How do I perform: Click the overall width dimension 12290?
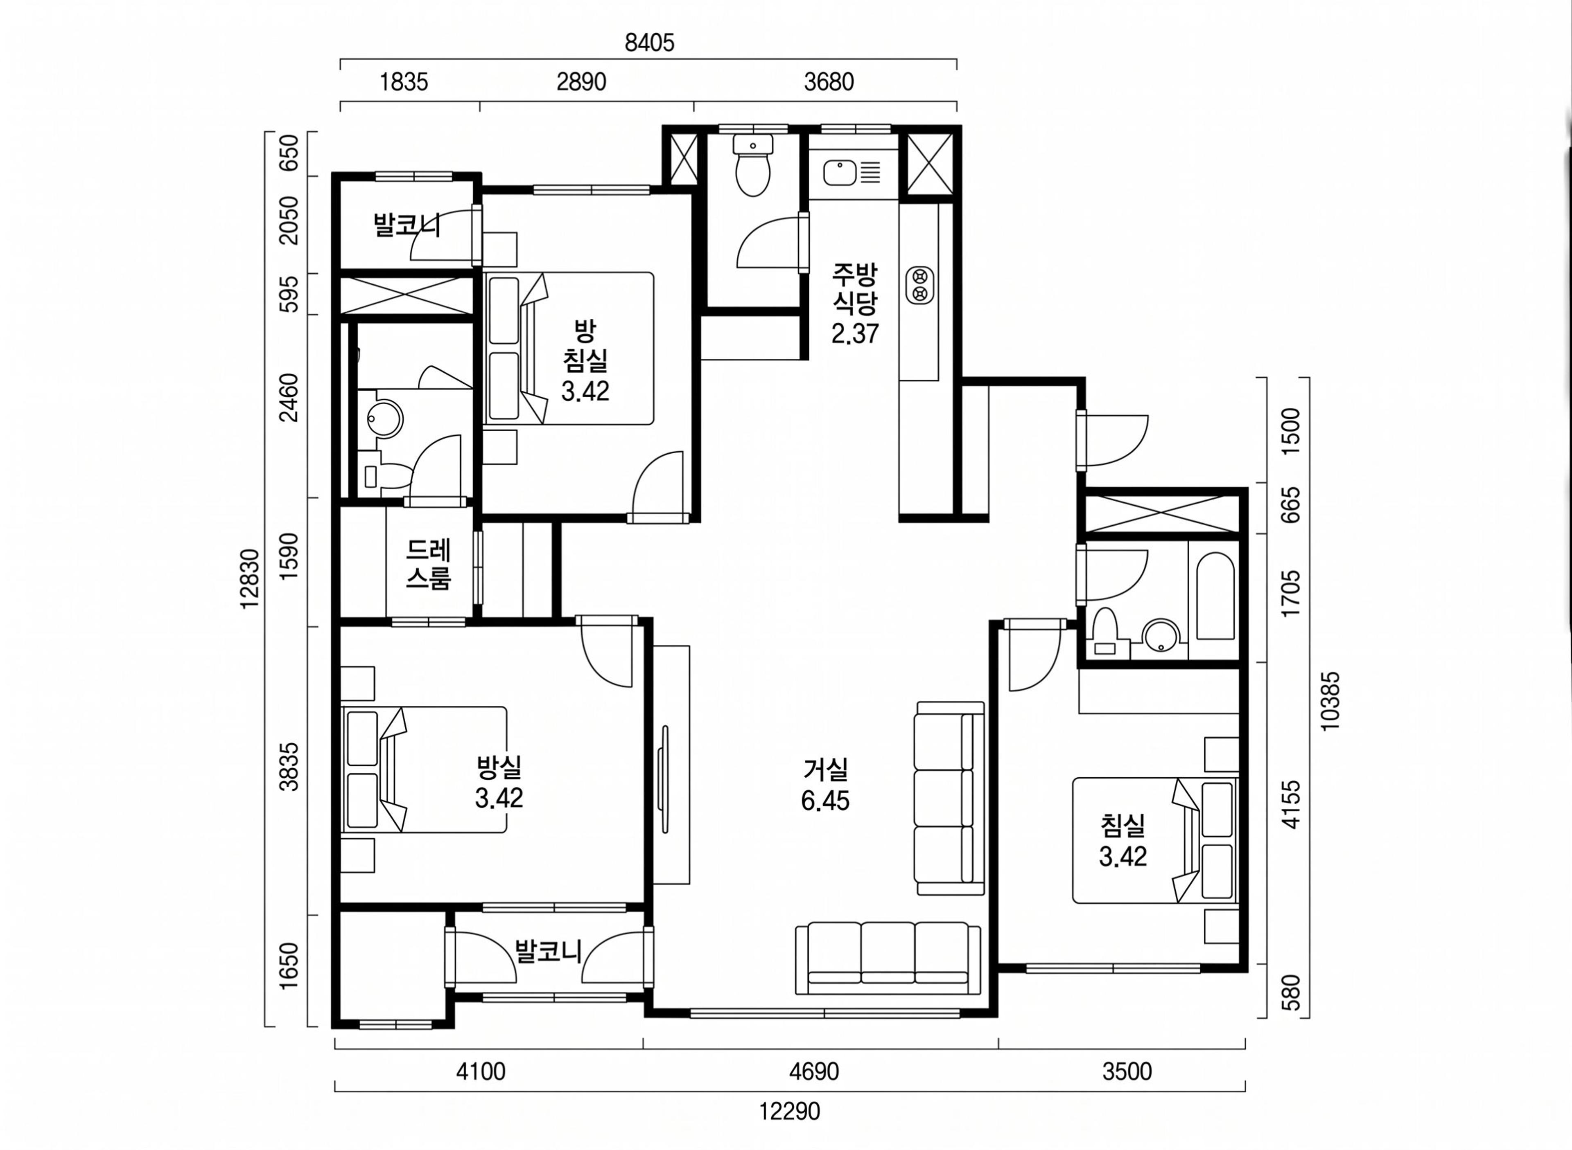pyautogui.click(x=789, y=1111)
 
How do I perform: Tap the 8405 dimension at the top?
pyautogui.click(x=649, y=43)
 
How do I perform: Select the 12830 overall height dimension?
pyautogui.click(x=249, y=579)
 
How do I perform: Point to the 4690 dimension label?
pyautogui.click(x=813, y=1071)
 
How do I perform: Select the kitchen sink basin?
pyautogui.click(x=840, y=172)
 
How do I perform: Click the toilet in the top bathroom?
pyautogui.click(x=753, y=166)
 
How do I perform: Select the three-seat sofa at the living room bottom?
pyautogui.click(x=888, y=959)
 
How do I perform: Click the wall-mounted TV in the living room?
pyautogui.click(x=664, y=779)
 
